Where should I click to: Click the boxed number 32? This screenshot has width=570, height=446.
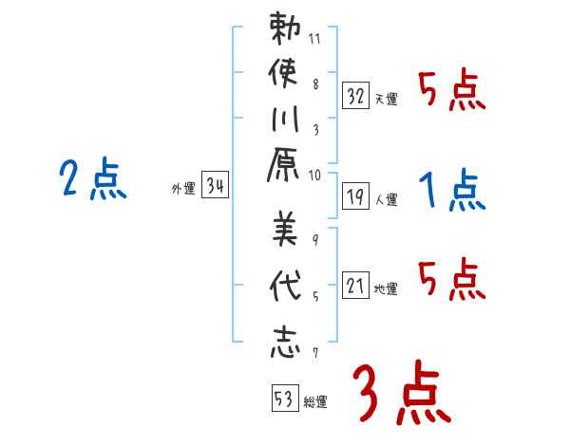[356, 96]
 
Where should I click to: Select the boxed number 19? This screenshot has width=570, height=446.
[356, 197]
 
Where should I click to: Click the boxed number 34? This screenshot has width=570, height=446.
[215, 187]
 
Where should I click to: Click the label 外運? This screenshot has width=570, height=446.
[182, 189]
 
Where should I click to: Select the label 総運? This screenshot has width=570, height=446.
[315, 402]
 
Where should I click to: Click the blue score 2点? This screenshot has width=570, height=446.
[93, 179]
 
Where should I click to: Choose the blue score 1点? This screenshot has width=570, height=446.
[452, 191]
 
